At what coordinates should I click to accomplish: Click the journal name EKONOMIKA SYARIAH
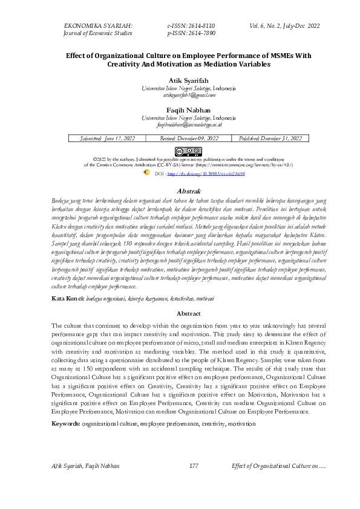pos(98,25)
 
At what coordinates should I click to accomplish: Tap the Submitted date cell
pos(108,138)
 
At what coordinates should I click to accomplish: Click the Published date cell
pos(270,138)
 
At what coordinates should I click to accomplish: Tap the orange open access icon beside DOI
pos(146,172)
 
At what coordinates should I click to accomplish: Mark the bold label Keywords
pos(66,424)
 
